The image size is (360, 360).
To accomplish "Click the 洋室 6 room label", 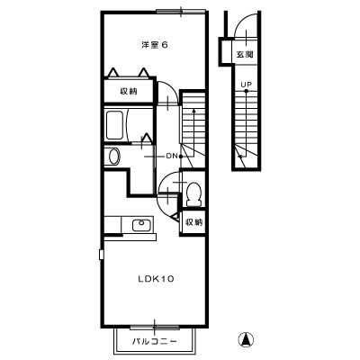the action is click(155, 45).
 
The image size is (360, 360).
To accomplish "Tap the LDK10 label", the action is click(156, 279).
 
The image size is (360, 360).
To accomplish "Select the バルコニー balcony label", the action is click(155, 342).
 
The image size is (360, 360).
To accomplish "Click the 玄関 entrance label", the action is click(245, 55).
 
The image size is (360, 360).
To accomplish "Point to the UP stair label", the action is click(246, 85).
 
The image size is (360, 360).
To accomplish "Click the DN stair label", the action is click(172, 156).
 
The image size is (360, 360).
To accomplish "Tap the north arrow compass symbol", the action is click(246, 340).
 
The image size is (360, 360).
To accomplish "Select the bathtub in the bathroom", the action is click(114, 125).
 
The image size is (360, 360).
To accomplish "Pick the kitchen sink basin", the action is click(141, 225).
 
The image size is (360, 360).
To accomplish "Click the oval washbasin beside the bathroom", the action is click(114, 157).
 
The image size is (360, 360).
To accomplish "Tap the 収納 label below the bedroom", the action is click(129, 91).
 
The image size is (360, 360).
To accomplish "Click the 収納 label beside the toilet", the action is click(194, 222).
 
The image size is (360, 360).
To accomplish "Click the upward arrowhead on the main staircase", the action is click(194, 111).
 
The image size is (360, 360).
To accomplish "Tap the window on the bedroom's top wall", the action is click(181, 12).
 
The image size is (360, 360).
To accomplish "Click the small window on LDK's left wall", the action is click(102, 254).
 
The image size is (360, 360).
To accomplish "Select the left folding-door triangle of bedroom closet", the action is click(112, 73).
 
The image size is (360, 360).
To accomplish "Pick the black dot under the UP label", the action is click(246, 91).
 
